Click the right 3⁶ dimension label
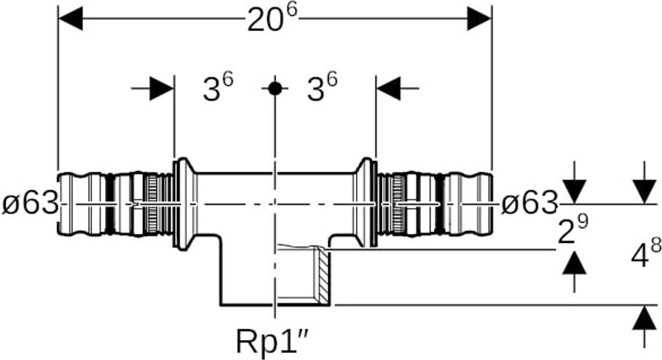[323, 89]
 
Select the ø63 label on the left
[28, 204]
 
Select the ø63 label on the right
[529, 204]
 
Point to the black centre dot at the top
[275, 89]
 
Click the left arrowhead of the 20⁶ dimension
[70, 19]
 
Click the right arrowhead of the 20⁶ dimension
[479, 19]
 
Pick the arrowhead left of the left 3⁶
[162, 89]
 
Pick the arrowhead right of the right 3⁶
[388, 89]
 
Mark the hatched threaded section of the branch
[321, 275]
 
